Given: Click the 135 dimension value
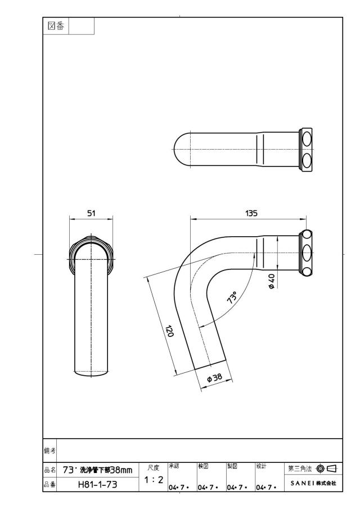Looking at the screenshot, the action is tap(251, 213).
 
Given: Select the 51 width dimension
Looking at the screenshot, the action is tap(91, 213).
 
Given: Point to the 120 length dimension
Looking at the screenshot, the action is tap(169, 331).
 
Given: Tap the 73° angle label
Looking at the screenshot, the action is tap(232, 298).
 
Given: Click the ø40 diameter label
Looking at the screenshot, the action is tap(272, 281).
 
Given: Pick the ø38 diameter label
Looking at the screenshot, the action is tap(214, 377).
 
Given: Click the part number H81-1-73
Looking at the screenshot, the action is tap(97, 484).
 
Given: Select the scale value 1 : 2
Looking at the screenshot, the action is tap(154, 479).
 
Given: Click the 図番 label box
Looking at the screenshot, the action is tap(56, 26).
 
